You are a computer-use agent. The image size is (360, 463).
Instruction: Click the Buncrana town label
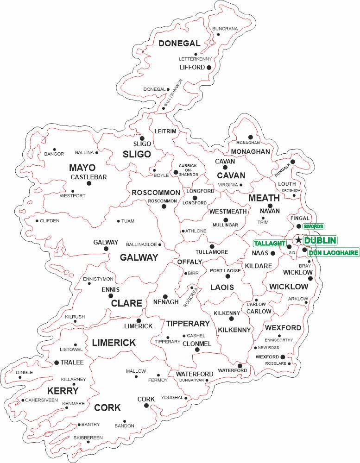click(225, 29)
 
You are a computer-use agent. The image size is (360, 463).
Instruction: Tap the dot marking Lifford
click(209, 68)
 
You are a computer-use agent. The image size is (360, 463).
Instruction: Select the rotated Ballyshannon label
click(173, 94)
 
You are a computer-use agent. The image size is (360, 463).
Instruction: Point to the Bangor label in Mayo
click(54, 154)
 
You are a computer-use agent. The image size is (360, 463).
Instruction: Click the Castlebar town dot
click(89, 183)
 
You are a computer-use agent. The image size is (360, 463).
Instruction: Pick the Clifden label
click(50, 221)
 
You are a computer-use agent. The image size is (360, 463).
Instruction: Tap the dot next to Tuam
click(118, 221)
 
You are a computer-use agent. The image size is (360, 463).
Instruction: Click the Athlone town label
click(196, 231)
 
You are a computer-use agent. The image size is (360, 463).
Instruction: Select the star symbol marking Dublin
click(299, 240)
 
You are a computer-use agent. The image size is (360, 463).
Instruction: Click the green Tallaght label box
click(270, 244)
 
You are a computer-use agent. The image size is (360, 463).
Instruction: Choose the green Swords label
click(313, 226)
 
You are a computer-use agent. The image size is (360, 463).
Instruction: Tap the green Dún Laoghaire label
click(334, 253)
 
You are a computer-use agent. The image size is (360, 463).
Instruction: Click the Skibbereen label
click(88, 438)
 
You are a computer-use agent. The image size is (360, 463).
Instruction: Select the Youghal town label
click(172, 398)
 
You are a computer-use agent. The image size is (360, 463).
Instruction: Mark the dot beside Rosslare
click(290, 363)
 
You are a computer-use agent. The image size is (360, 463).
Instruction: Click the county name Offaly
click(189, 262)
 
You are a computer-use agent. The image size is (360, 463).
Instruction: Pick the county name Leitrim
click(165, 131)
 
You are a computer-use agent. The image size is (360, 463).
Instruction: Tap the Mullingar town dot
click(226, 220)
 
